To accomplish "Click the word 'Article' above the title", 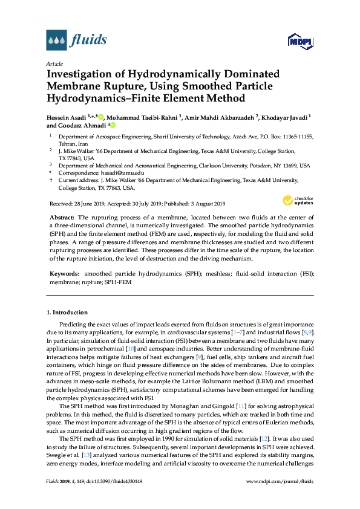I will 54,63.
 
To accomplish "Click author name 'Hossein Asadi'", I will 66,117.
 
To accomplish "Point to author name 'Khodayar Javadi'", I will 284,117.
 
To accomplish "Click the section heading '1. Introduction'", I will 67,313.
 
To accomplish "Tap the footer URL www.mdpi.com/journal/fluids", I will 281,498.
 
